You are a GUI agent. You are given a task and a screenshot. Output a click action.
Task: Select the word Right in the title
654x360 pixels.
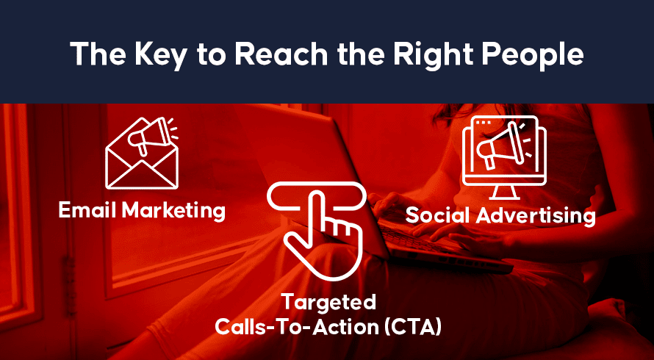(x=430, y=54)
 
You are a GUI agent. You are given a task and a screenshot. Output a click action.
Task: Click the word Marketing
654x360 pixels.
(x=173, y=211)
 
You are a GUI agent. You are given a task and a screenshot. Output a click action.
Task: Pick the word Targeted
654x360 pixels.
(x=328, y=303)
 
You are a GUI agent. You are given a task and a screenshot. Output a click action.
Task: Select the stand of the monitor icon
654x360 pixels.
(x=504, y=192)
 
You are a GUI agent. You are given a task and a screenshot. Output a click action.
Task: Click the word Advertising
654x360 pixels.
(x=536, y=216)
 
